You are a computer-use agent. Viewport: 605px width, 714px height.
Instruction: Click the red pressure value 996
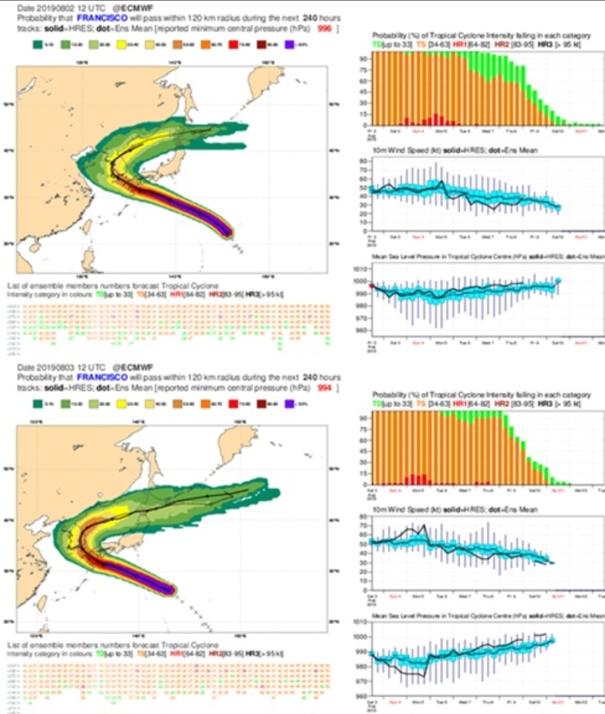coord(324,28)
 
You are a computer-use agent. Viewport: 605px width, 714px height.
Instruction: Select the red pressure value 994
coord(324,388)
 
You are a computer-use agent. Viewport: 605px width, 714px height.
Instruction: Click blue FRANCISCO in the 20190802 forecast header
coord(102,18)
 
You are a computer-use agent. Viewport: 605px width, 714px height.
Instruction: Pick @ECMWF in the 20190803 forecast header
coord(133,367)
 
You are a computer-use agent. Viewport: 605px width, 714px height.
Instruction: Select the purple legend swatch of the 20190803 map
coord(289,404)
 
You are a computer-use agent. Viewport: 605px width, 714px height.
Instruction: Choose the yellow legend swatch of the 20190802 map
coord(121,44)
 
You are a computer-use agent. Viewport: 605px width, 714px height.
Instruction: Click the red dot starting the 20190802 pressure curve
coord(372,286)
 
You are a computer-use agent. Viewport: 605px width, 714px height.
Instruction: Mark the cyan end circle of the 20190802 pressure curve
coord(558,281)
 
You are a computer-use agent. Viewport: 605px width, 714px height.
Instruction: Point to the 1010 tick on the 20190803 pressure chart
coord(362,622)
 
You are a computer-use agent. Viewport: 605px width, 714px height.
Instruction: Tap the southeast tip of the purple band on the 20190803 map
coord(171,590)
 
